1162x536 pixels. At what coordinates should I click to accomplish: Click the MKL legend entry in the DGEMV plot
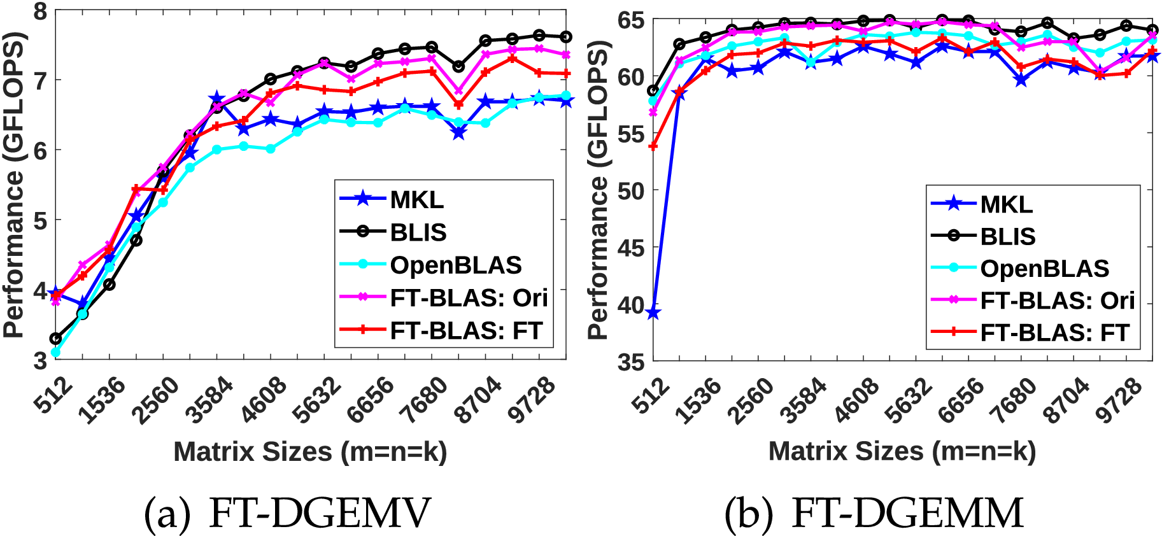tap(416, 200)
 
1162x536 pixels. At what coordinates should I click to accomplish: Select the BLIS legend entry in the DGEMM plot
tap(1007, 237)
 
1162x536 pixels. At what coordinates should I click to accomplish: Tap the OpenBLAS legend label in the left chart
tap(456, 265)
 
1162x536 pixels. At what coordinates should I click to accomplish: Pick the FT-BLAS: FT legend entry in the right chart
tap(1054, 333)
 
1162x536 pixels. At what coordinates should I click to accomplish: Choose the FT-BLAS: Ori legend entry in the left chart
tap(469, 298)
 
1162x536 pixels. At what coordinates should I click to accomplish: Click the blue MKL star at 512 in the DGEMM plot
tap(653, 313)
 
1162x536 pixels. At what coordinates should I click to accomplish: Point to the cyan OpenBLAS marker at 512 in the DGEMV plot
tap(55, 352)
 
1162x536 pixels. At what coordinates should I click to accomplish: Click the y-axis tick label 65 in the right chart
tap(630, 20)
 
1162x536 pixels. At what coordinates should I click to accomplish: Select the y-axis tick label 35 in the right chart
tap(630, 362)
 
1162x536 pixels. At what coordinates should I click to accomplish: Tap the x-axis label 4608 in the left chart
tap(264, 400)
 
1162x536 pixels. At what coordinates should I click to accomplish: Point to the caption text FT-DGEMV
tap(320, 513)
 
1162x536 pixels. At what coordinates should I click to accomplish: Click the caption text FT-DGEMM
tap(907, 513)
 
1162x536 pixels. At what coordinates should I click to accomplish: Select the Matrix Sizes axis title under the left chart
tap(310, 452)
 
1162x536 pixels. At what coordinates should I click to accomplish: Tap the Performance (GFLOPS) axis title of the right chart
tap(599, 191)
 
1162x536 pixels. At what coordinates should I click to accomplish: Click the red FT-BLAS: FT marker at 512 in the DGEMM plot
tap(653, 146)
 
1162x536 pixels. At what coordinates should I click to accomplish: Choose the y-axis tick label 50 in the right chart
tap(630, 191)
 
